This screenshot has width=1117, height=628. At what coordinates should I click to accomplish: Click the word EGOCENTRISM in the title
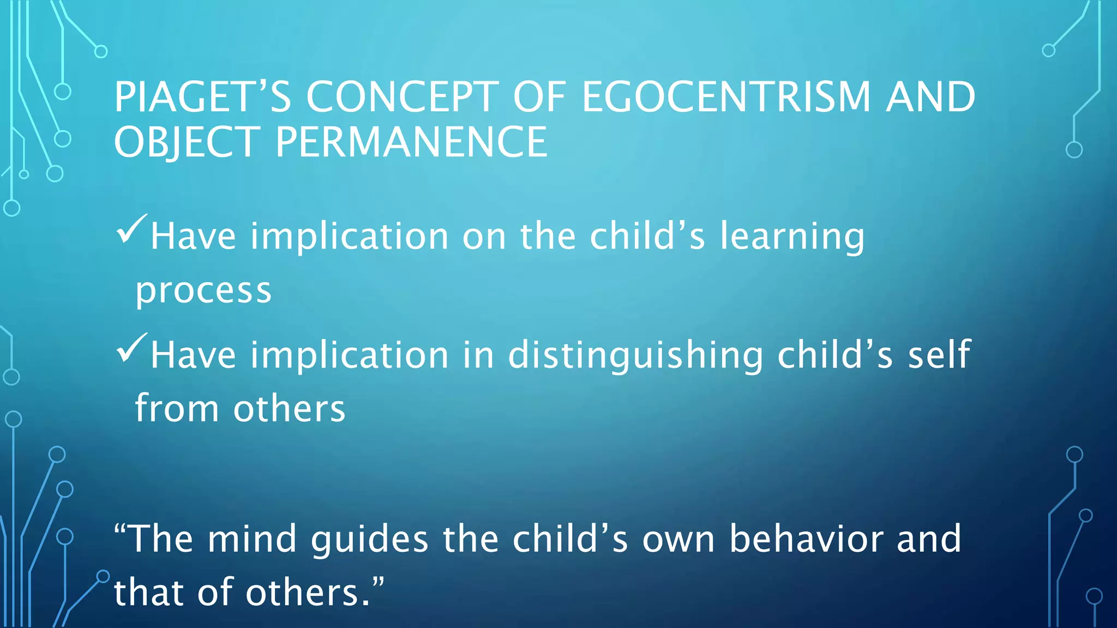click(726, 97)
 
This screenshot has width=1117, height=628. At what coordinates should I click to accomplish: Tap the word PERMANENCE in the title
click(411, 142)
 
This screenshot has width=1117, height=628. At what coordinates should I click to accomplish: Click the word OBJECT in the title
click(187, 142)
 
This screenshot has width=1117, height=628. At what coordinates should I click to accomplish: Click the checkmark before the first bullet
click(131, 229)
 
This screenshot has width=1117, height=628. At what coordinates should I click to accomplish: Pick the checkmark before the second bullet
click(131, 348)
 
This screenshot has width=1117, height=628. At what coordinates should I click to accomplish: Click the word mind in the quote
click(251, 539)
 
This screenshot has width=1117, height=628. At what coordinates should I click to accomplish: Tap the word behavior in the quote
click(806, 539)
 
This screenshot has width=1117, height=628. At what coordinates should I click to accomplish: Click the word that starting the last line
click(148, 592)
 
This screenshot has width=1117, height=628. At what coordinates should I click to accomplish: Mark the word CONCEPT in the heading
click(402, 97)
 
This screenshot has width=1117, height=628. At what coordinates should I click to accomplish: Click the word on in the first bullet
click(484, 238)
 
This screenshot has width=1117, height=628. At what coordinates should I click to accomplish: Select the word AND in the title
click(930, 97)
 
